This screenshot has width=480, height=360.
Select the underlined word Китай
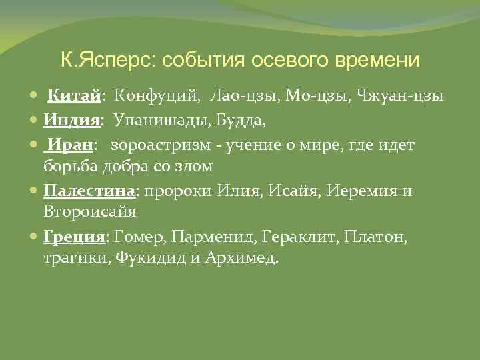click(x=73, y=97)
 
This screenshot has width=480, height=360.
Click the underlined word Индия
click(x=72, y=120)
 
